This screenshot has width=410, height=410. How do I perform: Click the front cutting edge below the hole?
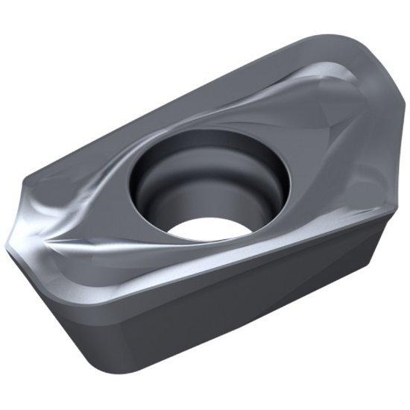click(224, 257)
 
